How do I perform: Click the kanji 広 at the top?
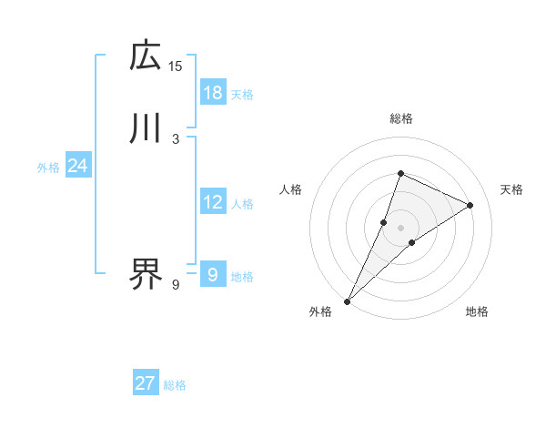pos(146,56)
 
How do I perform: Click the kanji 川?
pos(146,128)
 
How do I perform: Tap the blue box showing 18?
pos(213,93)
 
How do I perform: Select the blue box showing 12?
pos(213,202)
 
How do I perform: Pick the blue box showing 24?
pos(77,166)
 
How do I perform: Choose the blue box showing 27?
pos(146,383)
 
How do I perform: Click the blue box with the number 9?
pos(213,274)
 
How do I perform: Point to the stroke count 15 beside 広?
pos(176,66)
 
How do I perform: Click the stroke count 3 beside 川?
pos(176,139)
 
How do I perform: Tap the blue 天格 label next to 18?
pos(242,95)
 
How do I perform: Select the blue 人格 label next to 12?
pos(242,204)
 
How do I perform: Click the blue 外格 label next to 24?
pos(48,168)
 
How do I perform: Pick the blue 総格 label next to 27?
pos(175,385)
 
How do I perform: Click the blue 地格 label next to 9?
pos(242,277)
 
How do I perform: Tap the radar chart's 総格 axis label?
pos(400,118)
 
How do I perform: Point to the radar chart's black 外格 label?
pos(320,312)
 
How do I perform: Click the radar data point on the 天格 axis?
pos(470,205)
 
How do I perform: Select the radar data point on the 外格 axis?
pos(348,301)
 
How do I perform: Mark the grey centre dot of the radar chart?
pos(400,228)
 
